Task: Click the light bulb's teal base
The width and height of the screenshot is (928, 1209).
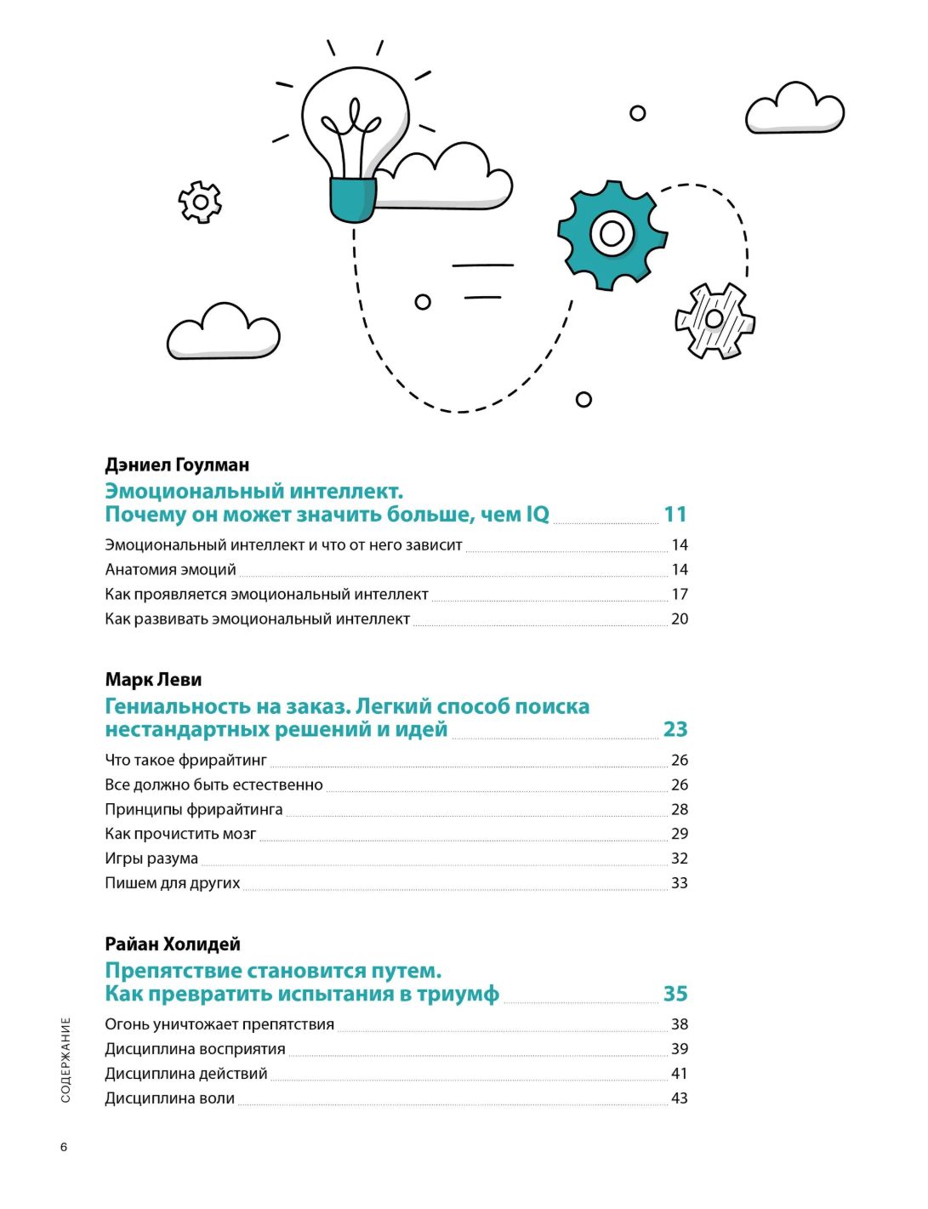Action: [352, 198]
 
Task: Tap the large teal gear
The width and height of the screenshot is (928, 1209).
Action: [612, 234]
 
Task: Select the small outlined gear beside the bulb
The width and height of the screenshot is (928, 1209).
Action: [200, 202]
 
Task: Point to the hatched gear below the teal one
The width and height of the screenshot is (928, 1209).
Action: [715, 320]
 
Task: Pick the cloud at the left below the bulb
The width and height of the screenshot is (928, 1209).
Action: [223, 332]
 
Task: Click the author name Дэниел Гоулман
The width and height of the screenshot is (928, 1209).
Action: [177, 465]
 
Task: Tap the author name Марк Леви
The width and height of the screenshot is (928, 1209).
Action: [153, 680]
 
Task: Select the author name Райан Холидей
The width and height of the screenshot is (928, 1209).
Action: [173, 944]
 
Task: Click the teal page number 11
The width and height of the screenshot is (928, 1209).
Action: [675, 514]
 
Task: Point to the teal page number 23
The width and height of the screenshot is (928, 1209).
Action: [675, 729]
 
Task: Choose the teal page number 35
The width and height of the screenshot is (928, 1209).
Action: [675, 994]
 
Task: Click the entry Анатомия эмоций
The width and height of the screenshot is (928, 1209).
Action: [170, 570]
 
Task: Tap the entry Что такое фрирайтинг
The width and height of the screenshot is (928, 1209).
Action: [185, 761]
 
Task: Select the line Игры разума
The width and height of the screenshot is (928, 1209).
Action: [151, 858]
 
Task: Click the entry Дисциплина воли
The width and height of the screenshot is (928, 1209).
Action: [169, 1098]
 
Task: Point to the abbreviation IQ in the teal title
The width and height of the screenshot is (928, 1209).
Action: [538, 514]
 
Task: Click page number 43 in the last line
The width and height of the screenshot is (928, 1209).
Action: [679, 1098]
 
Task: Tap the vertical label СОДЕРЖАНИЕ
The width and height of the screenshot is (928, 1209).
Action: [66, 1060]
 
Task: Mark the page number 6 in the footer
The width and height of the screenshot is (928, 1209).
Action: [64, 1147]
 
